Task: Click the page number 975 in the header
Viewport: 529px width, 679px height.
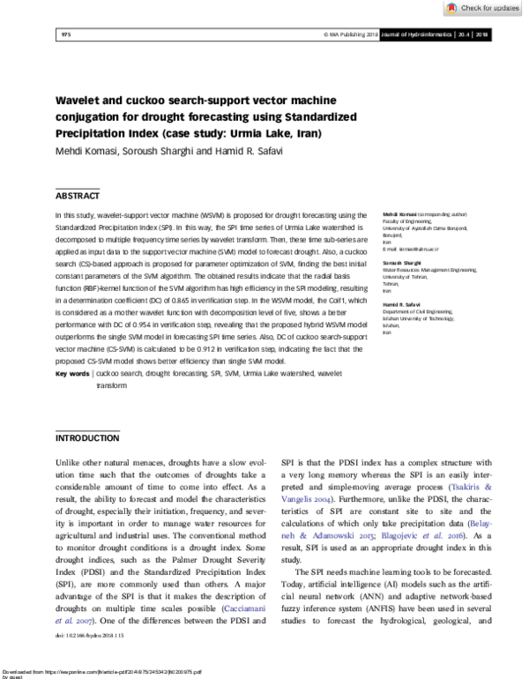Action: click(65, 34)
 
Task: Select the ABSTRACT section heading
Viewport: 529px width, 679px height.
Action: click(78, 196)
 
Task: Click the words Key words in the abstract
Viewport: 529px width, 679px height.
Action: click(72, 374)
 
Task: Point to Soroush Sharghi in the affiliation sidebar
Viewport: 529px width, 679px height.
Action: click(401, 263)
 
